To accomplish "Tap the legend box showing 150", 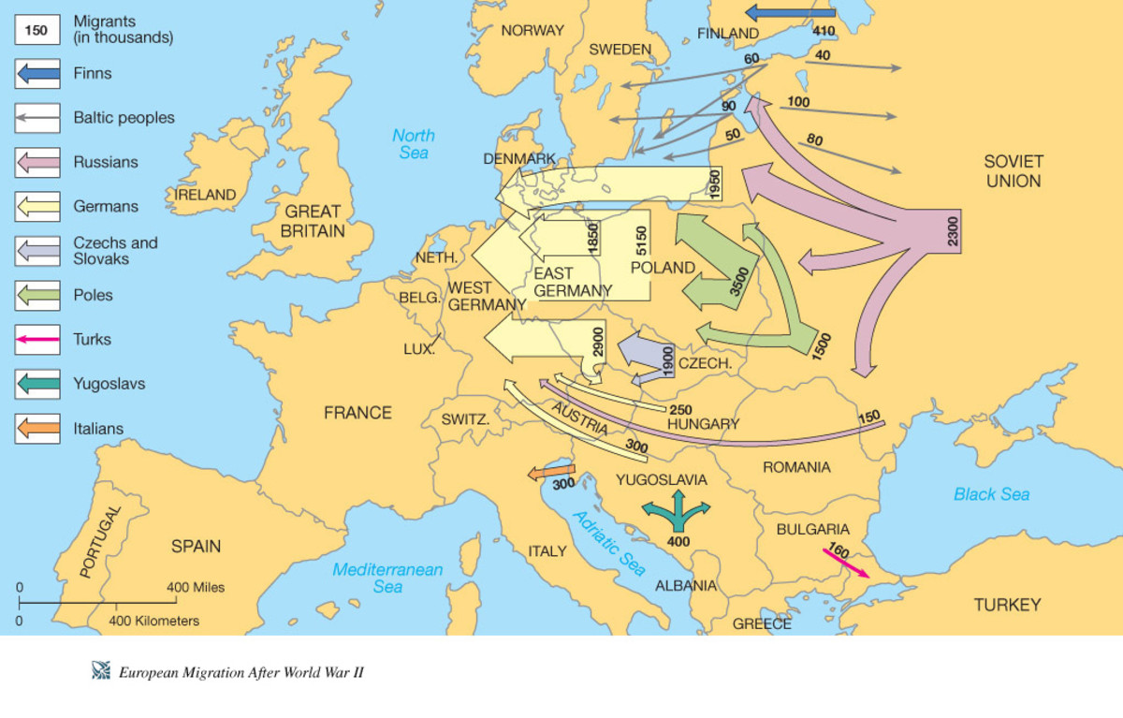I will pyautogui.click(x=36, y=29).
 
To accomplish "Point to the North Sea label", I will pyautogui.click(x=413, y=143).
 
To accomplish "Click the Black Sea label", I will pyautogui.click(x=991, y=493).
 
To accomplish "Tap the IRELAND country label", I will pyautogui.click(x=205, y=195).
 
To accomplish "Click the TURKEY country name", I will pyautogui.click(x=1007, y=605).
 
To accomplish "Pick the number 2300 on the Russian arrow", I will pyautogui.click(x=953, y=231).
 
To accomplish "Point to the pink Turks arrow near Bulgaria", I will pyautogui.click(x=845, y=562).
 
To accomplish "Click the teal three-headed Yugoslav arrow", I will pyautogui.click(x=676, y=511).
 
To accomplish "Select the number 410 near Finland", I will pyautogui.click(x=824, y=31).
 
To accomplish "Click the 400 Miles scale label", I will pyautogui.click(x=196, y=587).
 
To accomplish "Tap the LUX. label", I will pyautogui.click(x=418, y=348).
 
